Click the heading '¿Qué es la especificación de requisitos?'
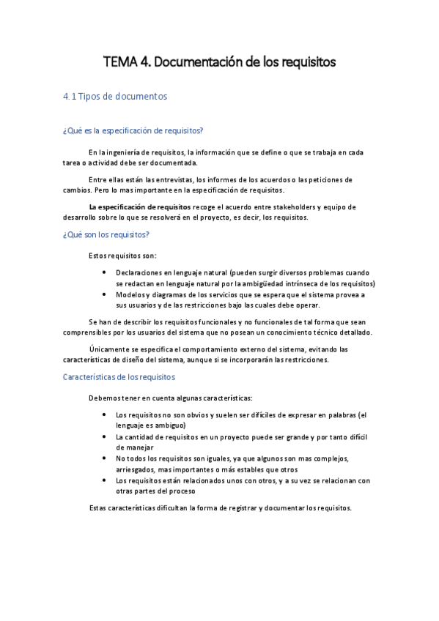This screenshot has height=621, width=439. click(133, 130)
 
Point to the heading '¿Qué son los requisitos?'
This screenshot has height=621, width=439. click(107, 234)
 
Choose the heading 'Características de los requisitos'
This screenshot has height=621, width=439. click(119, 376)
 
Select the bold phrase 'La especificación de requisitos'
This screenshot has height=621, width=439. click(139, 207)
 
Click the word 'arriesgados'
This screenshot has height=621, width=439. click(137, 469)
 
